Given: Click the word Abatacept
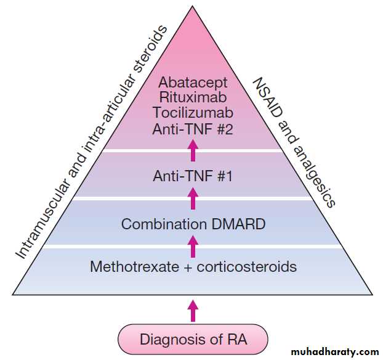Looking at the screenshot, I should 193,82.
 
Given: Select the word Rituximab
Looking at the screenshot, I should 193,97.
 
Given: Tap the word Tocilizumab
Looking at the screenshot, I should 193,113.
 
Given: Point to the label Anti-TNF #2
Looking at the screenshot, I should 193,129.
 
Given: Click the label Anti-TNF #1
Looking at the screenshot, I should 193,176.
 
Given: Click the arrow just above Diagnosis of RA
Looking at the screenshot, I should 193,310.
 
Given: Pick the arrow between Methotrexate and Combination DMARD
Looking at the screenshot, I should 193,246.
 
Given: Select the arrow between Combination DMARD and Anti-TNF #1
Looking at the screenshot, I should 193,199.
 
